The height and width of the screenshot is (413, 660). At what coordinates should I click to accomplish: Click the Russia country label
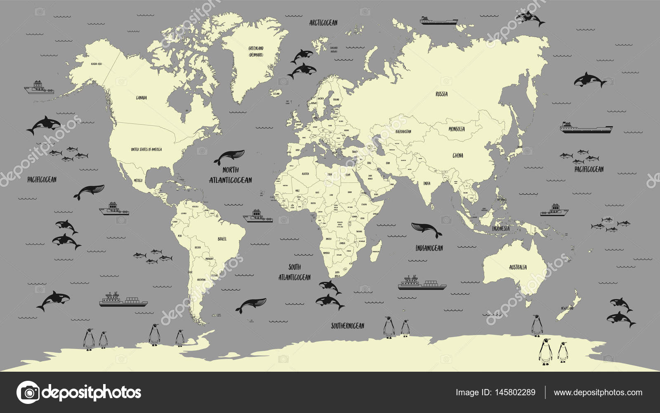click(x=441, y=94)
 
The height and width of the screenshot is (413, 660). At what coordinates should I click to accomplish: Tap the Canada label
click(x=141, y=98)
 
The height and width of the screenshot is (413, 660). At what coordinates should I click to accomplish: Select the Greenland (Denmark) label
click(x=256, y=51)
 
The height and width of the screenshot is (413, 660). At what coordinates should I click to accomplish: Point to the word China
click(x=457, y=156)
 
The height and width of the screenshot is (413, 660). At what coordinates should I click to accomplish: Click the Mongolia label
click(x=457, y=129)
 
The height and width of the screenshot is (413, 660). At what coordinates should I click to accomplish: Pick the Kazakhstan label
click(x=403, y=131)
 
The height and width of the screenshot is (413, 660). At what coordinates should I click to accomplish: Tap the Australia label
click(x=517, y=267)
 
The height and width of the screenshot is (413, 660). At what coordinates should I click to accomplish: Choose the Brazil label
click(x=222, y=239)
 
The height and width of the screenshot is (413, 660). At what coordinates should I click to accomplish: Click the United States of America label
click(x=146, y=149)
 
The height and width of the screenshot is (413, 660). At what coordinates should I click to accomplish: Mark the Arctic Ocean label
click(x=323, y=22)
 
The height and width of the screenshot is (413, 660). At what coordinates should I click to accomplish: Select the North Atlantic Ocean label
click(x=230, y=175)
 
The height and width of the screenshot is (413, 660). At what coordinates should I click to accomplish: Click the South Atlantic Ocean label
click(x=295, y=272)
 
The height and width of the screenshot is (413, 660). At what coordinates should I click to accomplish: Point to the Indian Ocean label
click(x=429, y=248)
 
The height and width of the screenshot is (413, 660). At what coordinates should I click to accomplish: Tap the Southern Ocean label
click(x=347, y=326)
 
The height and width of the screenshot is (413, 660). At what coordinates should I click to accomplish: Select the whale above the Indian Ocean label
click(x=426, y=229)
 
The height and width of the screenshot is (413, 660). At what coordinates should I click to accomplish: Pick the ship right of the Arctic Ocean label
click(x=438, y=20)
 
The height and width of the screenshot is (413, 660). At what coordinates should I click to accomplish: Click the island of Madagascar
click(x=376, y=248)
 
